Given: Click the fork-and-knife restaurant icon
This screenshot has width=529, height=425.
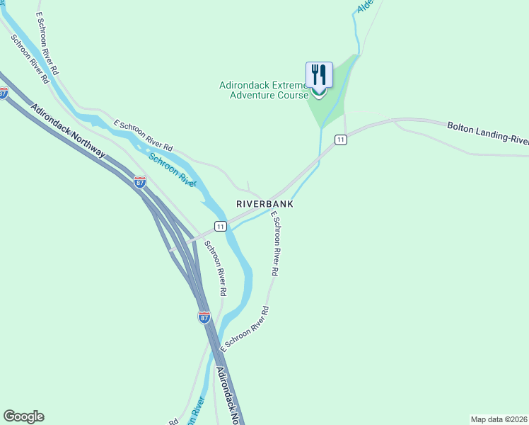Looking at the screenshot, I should click(x=319, y=74).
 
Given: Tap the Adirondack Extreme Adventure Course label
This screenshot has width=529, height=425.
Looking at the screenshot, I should click(x=263, y=90).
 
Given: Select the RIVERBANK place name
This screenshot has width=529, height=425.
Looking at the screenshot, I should click(x=264, y=203).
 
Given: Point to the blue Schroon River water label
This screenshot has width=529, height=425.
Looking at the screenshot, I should click(x=173, y=169).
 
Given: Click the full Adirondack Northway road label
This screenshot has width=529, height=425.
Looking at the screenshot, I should click(x=68, y=132).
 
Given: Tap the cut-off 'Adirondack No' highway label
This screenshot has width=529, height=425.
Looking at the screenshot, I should click(x=229, y=397).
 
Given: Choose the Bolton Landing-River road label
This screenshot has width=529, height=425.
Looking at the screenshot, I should click(x=487, y=132).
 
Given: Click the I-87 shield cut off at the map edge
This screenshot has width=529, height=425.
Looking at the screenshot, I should click(x=4, y=93).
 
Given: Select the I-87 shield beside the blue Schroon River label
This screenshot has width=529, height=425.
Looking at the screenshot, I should click(x=140, y=181).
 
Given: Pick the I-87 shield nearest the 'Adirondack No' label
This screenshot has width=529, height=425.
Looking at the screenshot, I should click(x=204, y=317).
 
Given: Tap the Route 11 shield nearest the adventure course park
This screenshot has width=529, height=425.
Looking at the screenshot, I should click(x=341, y=140).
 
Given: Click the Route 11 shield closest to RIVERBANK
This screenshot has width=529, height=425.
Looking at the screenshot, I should click(x=221, y=226).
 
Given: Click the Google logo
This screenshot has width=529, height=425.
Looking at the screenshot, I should click(x=23, y=416).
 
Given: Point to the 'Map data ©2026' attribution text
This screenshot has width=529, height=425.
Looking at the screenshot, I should click(x=499, y=419).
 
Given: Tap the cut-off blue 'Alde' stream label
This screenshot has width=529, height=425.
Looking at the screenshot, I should click(x=365, y=7).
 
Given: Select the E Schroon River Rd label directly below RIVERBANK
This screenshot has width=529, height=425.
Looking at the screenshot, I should click(x=276, y=244).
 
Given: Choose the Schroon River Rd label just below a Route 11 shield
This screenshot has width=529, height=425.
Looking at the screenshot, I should click(x=215, y=268).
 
